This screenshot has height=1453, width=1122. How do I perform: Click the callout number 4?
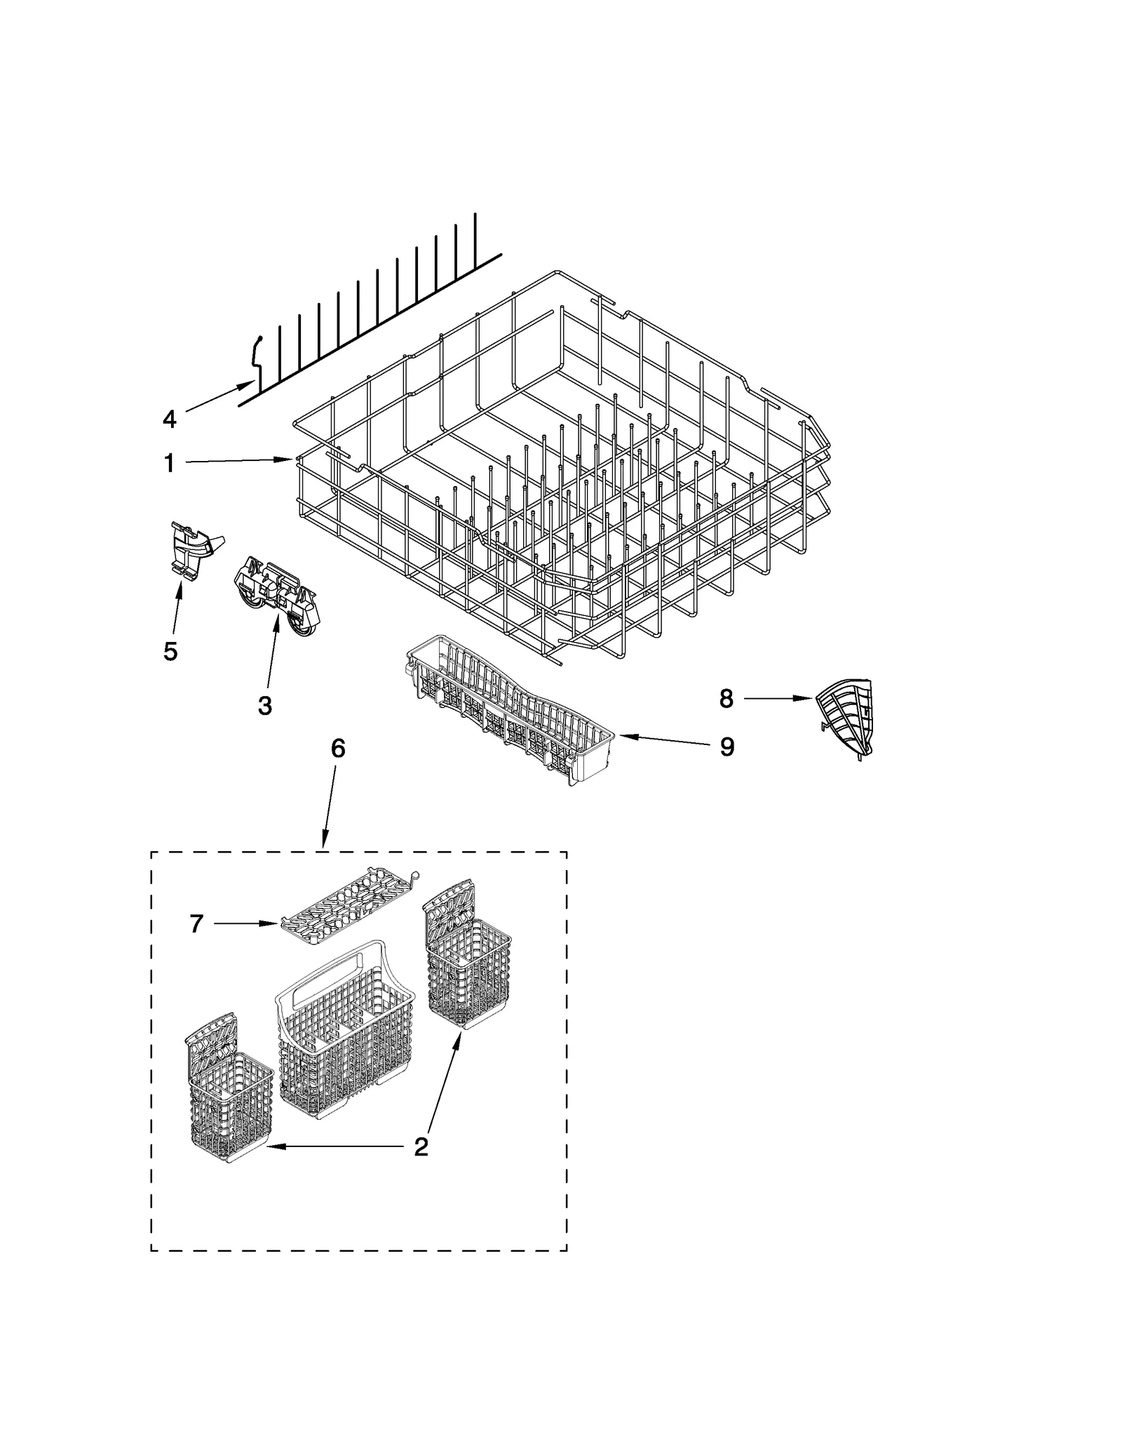coord(169,420)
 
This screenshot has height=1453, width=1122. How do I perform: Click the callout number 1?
coord(169,463)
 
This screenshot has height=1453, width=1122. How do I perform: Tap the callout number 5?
coord(170,651)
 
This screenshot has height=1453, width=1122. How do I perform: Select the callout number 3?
coord(264,705)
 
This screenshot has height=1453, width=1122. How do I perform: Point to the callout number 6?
coord(338,749)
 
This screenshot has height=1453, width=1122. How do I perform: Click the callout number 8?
coord(726,698)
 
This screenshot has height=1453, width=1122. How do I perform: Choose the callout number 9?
coord(727,746)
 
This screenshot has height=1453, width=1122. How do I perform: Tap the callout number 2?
coord(421,1146)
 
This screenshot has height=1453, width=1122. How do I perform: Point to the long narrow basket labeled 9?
coord(512,709)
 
